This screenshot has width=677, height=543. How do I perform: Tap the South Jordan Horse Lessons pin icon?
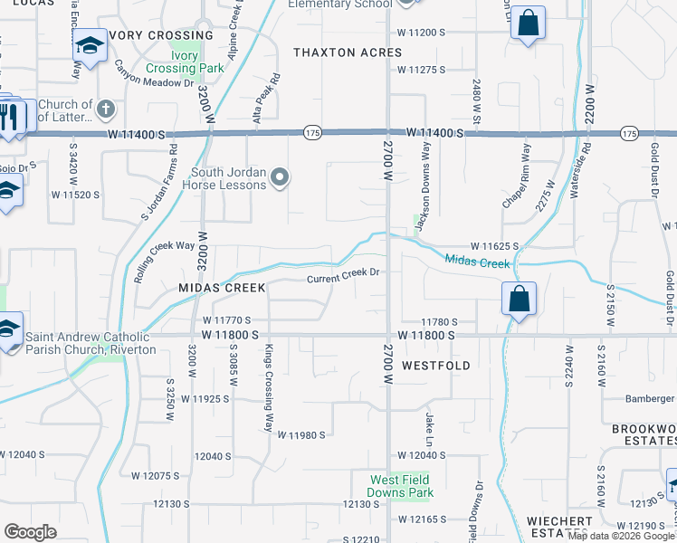[x=280, y=178]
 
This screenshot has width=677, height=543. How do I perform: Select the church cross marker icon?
[x=105, y=110]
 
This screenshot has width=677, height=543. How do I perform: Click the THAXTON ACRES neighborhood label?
[x=348, y=53]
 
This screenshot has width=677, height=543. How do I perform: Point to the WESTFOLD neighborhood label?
[x=436, y=366]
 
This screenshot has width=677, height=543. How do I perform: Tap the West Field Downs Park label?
[x=400, y=486]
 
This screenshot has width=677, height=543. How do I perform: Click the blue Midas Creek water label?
[x=479, y=262]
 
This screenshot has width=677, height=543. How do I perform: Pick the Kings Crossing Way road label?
[x=268, y=387]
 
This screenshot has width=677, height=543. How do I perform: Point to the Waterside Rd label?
[x=586, y=169]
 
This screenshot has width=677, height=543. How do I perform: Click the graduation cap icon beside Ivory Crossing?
[x=90, y=44]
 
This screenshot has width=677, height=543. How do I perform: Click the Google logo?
[x=31, y=531]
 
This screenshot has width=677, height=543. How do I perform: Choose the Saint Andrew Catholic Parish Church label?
[x=91, y=343]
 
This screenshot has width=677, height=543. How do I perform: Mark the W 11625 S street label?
[x=493, y=245]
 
